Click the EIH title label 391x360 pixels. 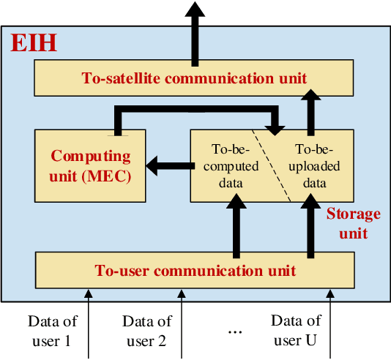coord(34,42)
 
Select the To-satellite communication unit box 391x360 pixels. coord(195,77)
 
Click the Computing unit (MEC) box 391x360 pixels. coord(89,166)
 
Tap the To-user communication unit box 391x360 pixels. coord(195,270)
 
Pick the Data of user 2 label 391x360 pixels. coord(147,331)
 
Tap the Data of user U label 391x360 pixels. coord(296,331)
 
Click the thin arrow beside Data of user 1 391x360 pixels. coord(88,322)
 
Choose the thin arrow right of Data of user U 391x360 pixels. coord(331,322)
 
